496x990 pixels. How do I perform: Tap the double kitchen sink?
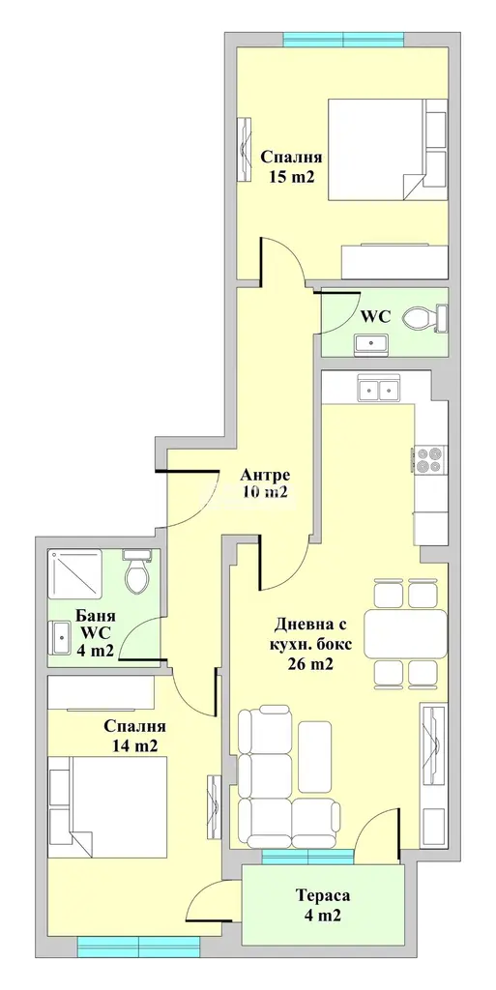click(379, 388)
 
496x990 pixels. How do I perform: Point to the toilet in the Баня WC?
click(136, 570)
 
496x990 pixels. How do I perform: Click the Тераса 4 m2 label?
click(322, 905)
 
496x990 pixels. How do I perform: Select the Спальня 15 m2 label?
click(292, 166)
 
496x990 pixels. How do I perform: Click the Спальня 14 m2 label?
click(135, 735)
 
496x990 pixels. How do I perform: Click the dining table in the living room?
click(406, 633)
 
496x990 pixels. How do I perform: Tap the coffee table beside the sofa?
click(315, 756)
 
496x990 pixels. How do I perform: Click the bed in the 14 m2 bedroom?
click(108, 807)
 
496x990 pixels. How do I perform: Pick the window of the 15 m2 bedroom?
click(343, 40)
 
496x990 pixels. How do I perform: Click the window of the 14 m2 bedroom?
click(138, 944)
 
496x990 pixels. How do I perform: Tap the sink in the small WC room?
click(372, 343)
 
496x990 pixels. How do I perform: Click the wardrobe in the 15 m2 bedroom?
click(395, 261)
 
